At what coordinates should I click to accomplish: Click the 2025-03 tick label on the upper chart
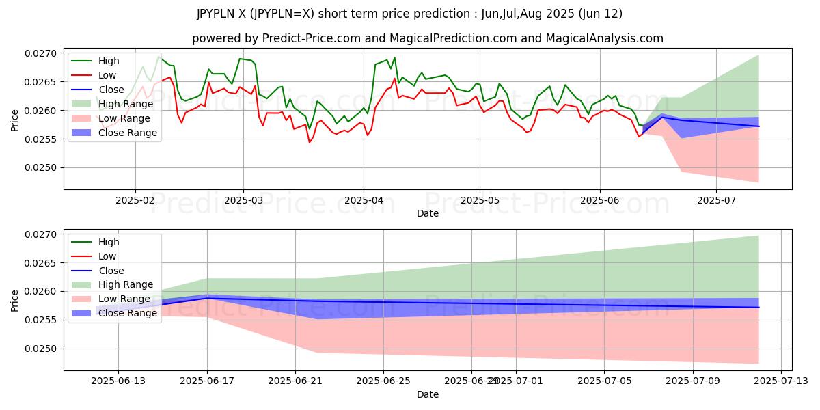tap(244, 200)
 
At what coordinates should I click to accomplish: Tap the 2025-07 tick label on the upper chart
tap(716, 200)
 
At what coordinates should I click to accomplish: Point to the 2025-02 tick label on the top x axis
tap(135, 200)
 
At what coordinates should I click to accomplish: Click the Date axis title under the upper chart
tap(428, 213)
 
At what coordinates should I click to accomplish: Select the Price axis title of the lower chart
tap(15, 299)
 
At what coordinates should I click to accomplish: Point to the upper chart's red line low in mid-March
tap(310, 142)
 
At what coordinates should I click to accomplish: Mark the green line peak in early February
tap(159, 56)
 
